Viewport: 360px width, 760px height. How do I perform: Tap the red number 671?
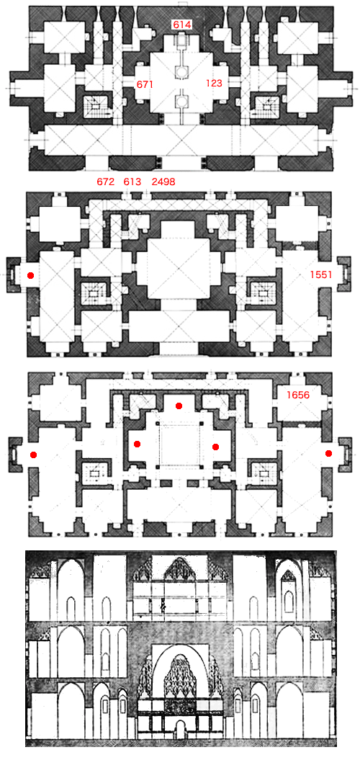[x=145, y=84]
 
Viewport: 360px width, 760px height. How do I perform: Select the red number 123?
[x=214, y=84]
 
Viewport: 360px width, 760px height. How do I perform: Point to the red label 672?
[x=106, y=182]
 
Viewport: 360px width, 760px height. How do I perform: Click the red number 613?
[x=132, y=182]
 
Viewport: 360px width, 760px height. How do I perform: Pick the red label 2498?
[x=163, y=182]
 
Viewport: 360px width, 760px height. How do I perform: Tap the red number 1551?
[x=321, y=274]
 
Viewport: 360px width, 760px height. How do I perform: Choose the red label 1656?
[x=297, y=395]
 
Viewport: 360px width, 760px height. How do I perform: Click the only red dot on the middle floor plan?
[x=30, y=275]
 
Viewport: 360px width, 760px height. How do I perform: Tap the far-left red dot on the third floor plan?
[x=33, y=455]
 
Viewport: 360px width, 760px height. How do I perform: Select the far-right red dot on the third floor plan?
[x=328, y=454]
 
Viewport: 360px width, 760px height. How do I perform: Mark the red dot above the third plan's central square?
[x=179, y=406]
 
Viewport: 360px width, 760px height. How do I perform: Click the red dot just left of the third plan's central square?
[x=137, y=444]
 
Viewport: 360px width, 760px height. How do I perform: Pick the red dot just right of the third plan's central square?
[x=215, y=447]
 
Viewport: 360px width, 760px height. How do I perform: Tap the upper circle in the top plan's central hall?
[x=180, y=72]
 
